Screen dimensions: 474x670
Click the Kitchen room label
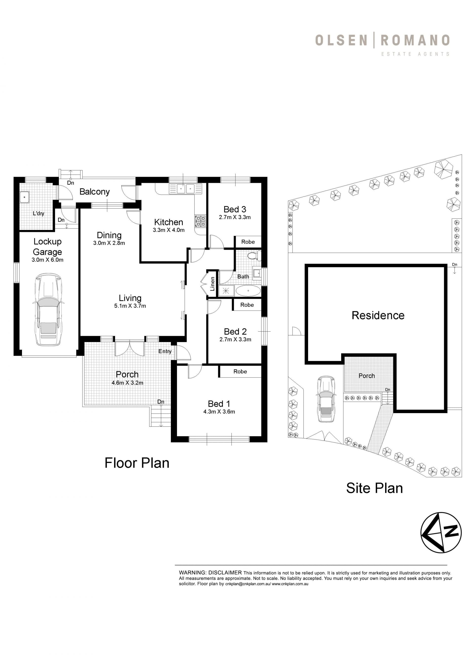coord(168,222)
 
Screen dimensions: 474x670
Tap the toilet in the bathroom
coord(253,256)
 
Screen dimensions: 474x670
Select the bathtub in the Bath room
coord(248,291)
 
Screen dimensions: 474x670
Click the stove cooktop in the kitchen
coord(200,221)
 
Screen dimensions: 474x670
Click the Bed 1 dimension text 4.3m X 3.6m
coord(219,412)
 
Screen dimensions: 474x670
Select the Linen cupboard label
coord(213,284)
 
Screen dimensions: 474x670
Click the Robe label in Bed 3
coord(248,242)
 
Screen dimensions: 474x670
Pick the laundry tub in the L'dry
coord(24,197)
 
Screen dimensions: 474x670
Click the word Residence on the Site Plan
coord(378,315)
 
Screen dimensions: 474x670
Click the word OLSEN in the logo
coord(341,40)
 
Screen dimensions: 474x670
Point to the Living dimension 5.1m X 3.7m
coord(130,306)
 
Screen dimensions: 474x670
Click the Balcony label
coord(95,192)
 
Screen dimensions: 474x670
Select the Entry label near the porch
coord(165,351)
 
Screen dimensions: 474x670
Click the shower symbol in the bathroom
coord(226,291)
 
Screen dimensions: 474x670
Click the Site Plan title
coord(374,488)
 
